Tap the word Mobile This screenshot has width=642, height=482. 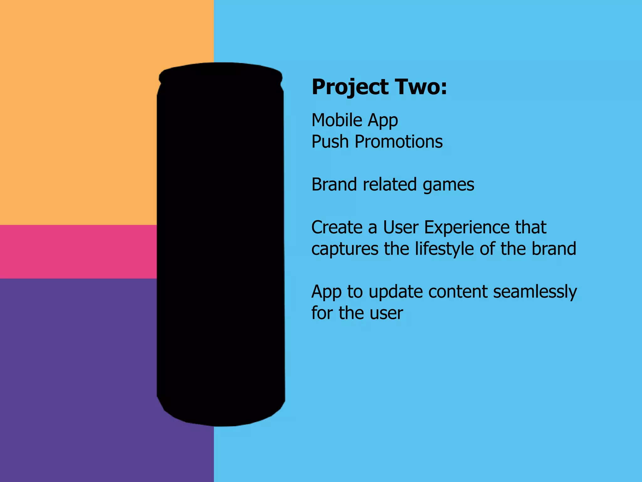click(x=337, y=120)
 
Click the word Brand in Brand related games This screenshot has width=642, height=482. click(x=334, y=184)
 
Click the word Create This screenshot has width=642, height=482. click(x=337, y=227)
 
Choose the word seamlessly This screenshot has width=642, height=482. click(x=535, y=292)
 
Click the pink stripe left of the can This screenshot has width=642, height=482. click(x=78, y=251)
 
